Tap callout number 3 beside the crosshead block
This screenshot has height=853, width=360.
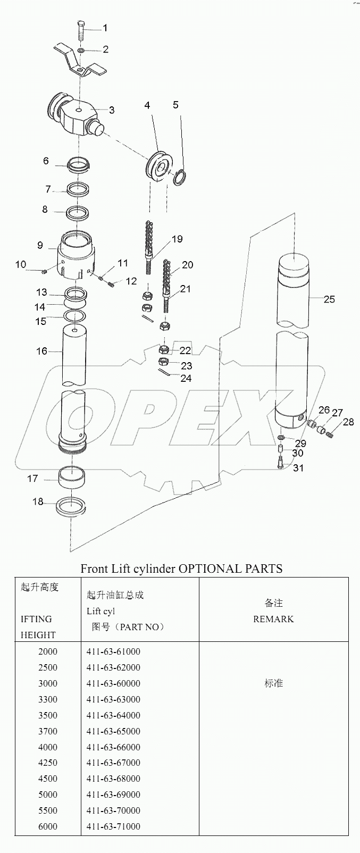coord(112,110)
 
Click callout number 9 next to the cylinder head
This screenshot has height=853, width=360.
coord(40,245)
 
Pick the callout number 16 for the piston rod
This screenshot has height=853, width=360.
coord(41,351)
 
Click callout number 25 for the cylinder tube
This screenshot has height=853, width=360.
coord(329,299)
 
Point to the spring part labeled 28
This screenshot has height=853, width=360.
coord(330,434)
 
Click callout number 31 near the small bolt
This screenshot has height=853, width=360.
coord(298,468)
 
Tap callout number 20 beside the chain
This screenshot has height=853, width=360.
coord(187,265)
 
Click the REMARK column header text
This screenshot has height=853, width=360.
coord(273,619)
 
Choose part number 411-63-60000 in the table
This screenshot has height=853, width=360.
coord(113,683)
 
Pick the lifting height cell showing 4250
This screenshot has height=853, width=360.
coord(48,763)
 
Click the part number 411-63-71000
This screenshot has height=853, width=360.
coord(113,826)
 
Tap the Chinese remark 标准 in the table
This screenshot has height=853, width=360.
coord(273,683)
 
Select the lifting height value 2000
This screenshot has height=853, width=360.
coord(48,651)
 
